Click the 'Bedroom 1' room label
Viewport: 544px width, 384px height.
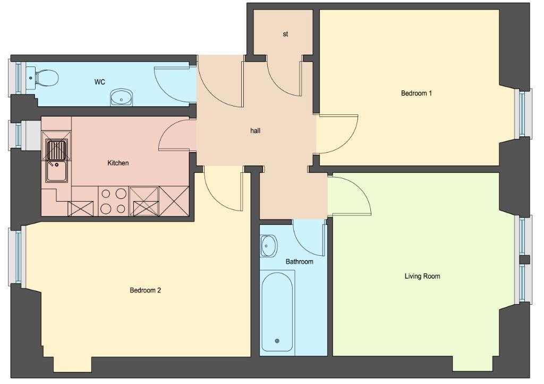click(416, 93)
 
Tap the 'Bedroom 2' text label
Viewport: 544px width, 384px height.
click(146, 290)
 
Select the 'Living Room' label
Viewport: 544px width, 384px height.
click(422, 277)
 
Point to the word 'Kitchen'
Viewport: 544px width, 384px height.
click(118, 163)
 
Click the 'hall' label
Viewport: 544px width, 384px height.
click(256, 131)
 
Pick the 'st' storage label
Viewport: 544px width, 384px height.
click(285, 34)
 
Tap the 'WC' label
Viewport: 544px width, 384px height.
click(99, 82)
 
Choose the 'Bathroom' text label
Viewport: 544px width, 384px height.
click(300, 262)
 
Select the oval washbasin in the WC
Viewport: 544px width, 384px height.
click(122, 97)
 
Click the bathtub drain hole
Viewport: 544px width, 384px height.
click(277, 341)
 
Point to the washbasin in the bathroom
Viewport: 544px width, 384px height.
click(268, 246)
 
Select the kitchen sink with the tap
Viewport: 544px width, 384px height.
click(57, 171)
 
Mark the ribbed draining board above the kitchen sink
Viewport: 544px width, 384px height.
click(56, 150)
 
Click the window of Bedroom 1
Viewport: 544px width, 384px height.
click(523, 113)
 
